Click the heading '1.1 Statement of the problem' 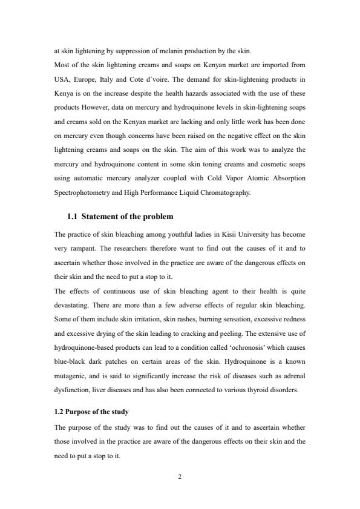120,216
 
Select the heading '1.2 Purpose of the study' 91,412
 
